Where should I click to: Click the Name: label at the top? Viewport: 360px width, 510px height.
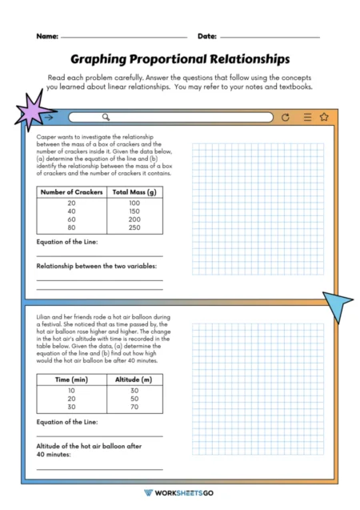pos(46,36)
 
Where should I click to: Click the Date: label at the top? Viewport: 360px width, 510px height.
pos(206,36)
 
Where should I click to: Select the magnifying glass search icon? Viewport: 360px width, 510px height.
pos(73,118)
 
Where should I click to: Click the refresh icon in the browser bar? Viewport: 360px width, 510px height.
pos(286,118)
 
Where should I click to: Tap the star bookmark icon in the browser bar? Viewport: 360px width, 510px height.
pos(324,118)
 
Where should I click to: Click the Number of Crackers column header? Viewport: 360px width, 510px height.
pos(72,192)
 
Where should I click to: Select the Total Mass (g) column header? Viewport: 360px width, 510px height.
pos(134,192)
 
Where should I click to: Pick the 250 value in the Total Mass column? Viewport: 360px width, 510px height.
pos(134,227)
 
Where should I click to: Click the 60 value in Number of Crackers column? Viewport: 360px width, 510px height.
pos(72,219)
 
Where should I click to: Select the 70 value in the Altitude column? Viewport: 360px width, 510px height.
pos(134,406)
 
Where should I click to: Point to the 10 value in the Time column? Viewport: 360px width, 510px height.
pos(71,389)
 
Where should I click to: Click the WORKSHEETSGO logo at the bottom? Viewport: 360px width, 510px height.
pos(180,493)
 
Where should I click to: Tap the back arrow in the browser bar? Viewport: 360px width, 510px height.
pos(50,118)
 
